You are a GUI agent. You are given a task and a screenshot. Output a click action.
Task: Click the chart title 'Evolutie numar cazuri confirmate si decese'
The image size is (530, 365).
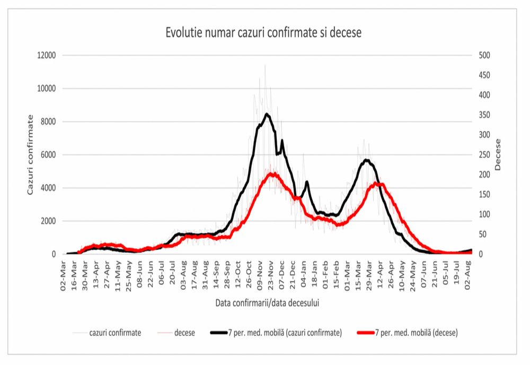(x=263, y=33)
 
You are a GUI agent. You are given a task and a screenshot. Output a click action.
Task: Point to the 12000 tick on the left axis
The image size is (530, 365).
(x=46, y=55)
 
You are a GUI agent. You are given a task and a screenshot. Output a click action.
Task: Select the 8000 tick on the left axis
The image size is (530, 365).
(x=48, y=121)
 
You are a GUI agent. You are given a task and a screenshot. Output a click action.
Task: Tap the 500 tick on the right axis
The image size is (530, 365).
(x=484, y=55)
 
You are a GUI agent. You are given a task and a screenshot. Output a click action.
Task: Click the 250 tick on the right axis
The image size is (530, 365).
(x=484, y=155)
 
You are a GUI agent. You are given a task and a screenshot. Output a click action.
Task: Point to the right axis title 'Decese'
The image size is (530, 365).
(x=498, y=154)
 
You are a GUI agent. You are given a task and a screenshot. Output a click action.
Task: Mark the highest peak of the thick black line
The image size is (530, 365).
(x=267, y=114)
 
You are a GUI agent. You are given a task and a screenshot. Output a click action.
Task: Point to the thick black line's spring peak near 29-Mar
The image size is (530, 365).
(x=366, y=160)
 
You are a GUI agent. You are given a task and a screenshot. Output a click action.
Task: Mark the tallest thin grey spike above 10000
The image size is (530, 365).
(x=265, y=65)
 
